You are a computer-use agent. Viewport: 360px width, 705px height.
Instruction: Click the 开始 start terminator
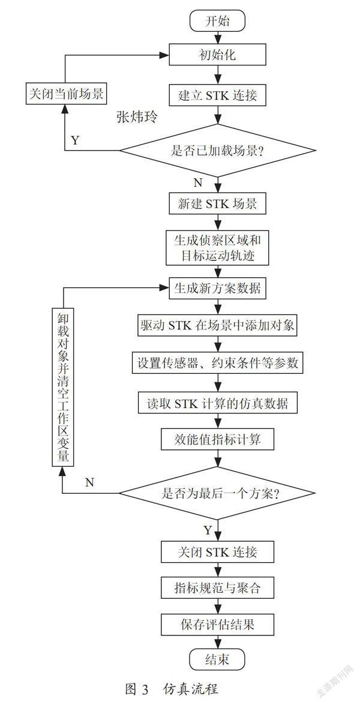[218, 22]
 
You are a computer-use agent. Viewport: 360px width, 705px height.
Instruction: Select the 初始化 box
[218, 55]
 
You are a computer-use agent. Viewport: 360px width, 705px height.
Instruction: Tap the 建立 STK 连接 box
[218, 95]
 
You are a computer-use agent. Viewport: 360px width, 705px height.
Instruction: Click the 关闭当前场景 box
[66, 94]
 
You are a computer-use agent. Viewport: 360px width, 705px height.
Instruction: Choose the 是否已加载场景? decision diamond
[218, 150]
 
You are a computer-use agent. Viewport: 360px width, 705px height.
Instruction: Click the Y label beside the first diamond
[75, 140]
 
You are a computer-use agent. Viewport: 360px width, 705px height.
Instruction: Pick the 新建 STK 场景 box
[218, 203]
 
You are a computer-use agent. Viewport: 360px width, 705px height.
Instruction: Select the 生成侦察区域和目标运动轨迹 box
[218, 248]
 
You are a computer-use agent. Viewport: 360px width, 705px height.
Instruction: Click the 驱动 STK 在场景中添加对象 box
[218, 326]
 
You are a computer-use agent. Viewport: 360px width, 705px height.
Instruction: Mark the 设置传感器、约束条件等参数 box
[218, 363]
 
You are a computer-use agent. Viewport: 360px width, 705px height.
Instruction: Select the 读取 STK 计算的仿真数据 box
[218, 403]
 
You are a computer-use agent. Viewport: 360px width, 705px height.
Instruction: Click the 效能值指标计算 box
[218, 439]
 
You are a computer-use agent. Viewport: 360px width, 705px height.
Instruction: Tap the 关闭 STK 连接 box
[218, 551]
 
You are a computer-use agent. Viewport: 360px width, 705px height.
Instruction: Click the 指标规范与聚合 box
[218, 587]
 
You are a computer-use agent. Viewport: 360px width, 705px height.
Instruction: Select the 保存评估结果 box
[218, 624]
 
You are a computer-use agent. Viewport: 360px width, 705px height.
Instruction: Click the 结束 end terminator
[218, 659]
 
